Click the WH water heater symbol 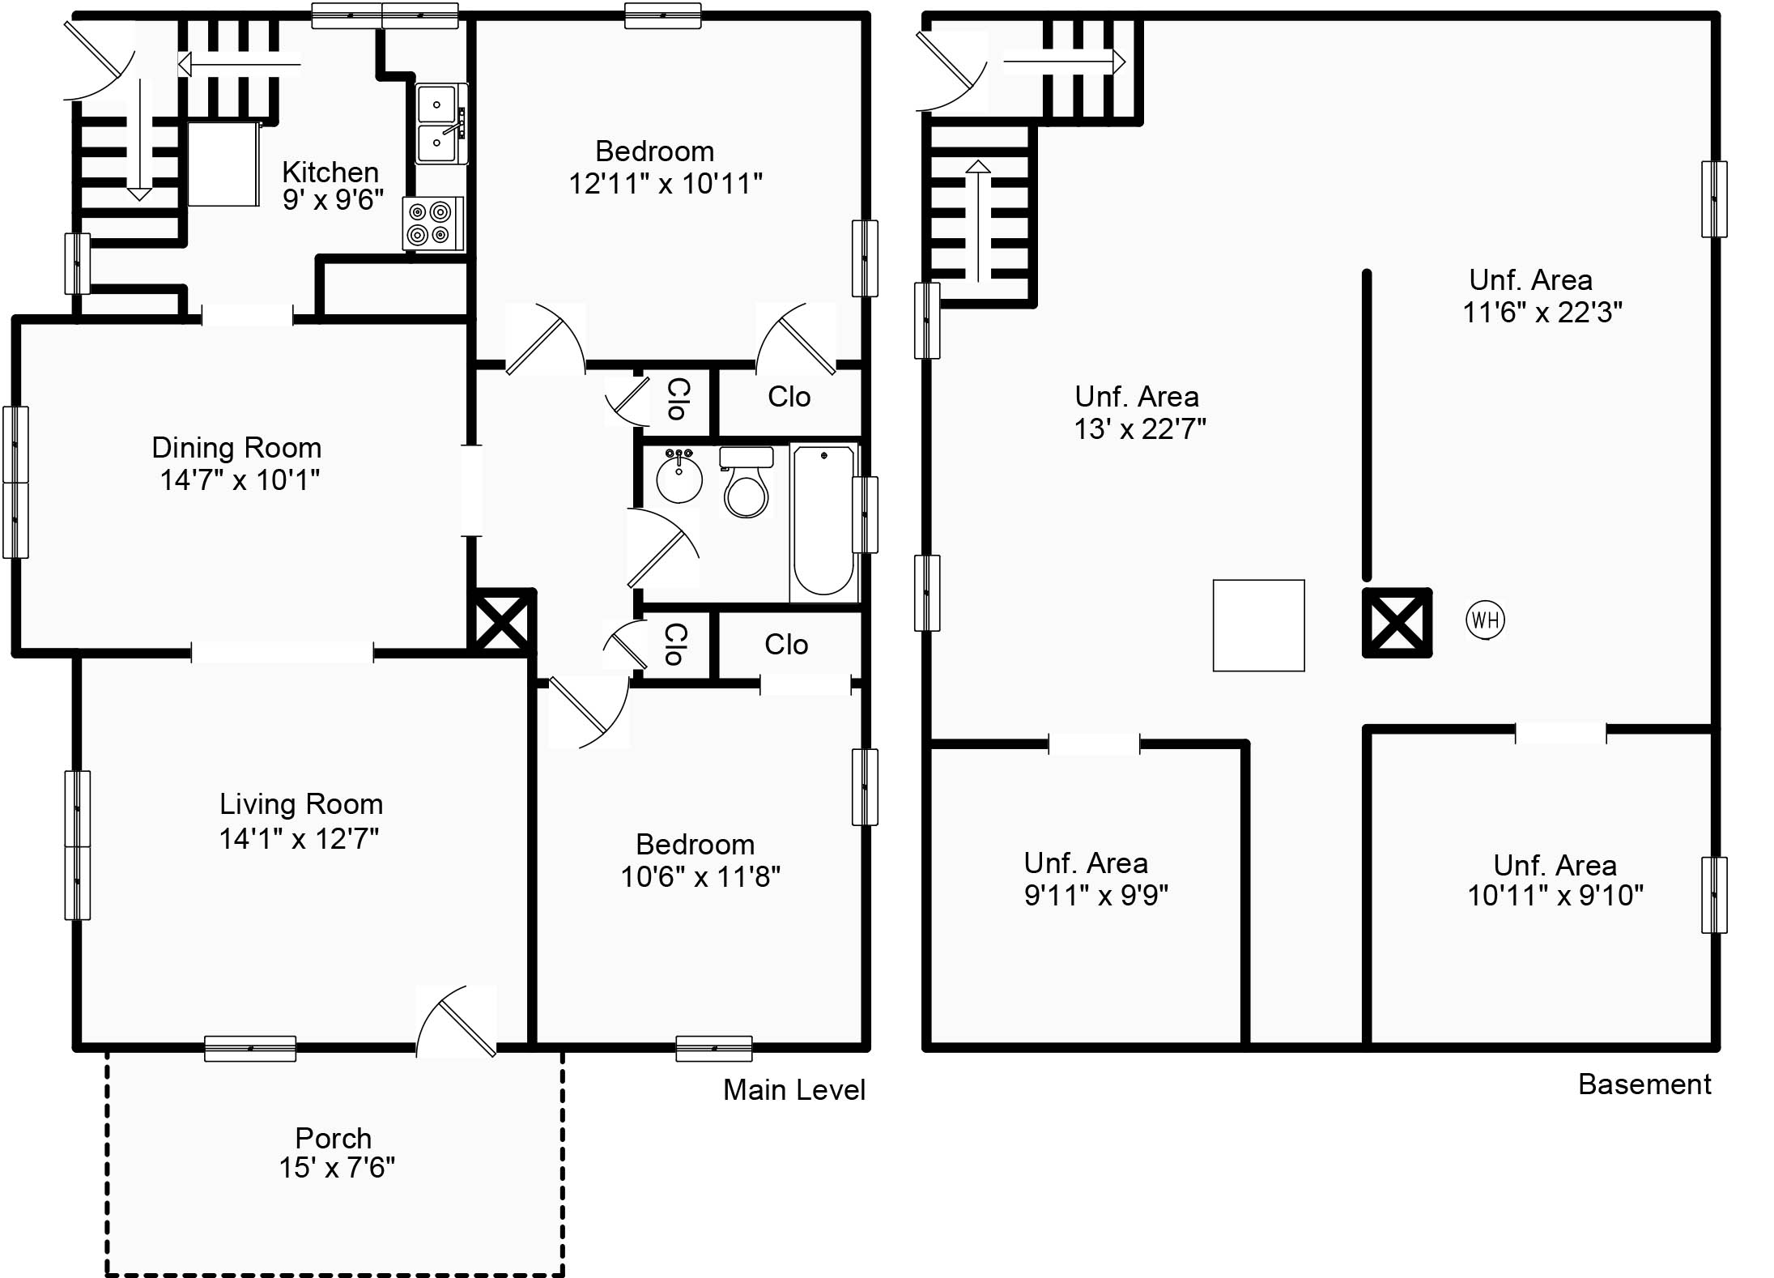pyautogui.click(x=1485, y=621)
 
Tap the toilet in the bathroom pyautogui.click(x=746, y=482)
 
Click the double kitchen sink pyautogui.click(x=441, y=124)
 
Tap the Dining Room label pyautogui.click(x=236, y=448)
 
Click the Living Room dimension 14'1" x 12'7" pyautogui.click(x=299, y=838)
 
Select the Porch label pyautogui.click(x=334, y=1138)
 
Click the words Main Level pyautogui.click(x=794, y=1090)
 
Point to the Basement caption pyautogui.click(x=1644, y=1084)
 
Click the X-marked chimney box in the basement pyautogui.click(x=1398, y=623)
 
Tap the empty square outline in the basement pyautogui.click(x=1258, y=625)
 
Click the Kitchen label pyautogui.click(x=330, y=172)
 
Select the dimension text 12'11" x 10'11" pyautogui.click(x=666, y=184)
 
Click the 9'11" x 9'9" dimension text pyautogui.click(x=1096, y=895)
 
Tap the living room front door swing pyautogui.click(x=456, y=1020)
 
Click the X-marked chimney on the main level pyautogui.click(x=502, y=621)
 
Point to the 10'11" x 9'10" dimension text pyautogui.click(x=1555, y=895)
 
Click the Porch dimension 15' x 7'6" pyautogui.click(x=337, y=1167)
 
